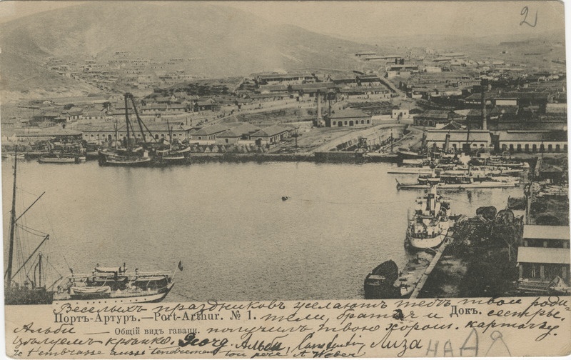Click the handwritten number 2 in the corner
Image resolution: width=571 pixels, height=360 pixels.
point(527,16)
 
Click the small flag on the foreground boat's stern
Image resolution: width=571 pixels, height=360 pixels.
point(181,266)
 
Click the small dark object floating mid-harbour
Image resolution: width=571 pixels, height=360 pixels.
point(285,198)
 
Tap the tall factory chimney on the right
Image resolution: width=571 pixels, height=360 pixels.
point(483,107)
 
